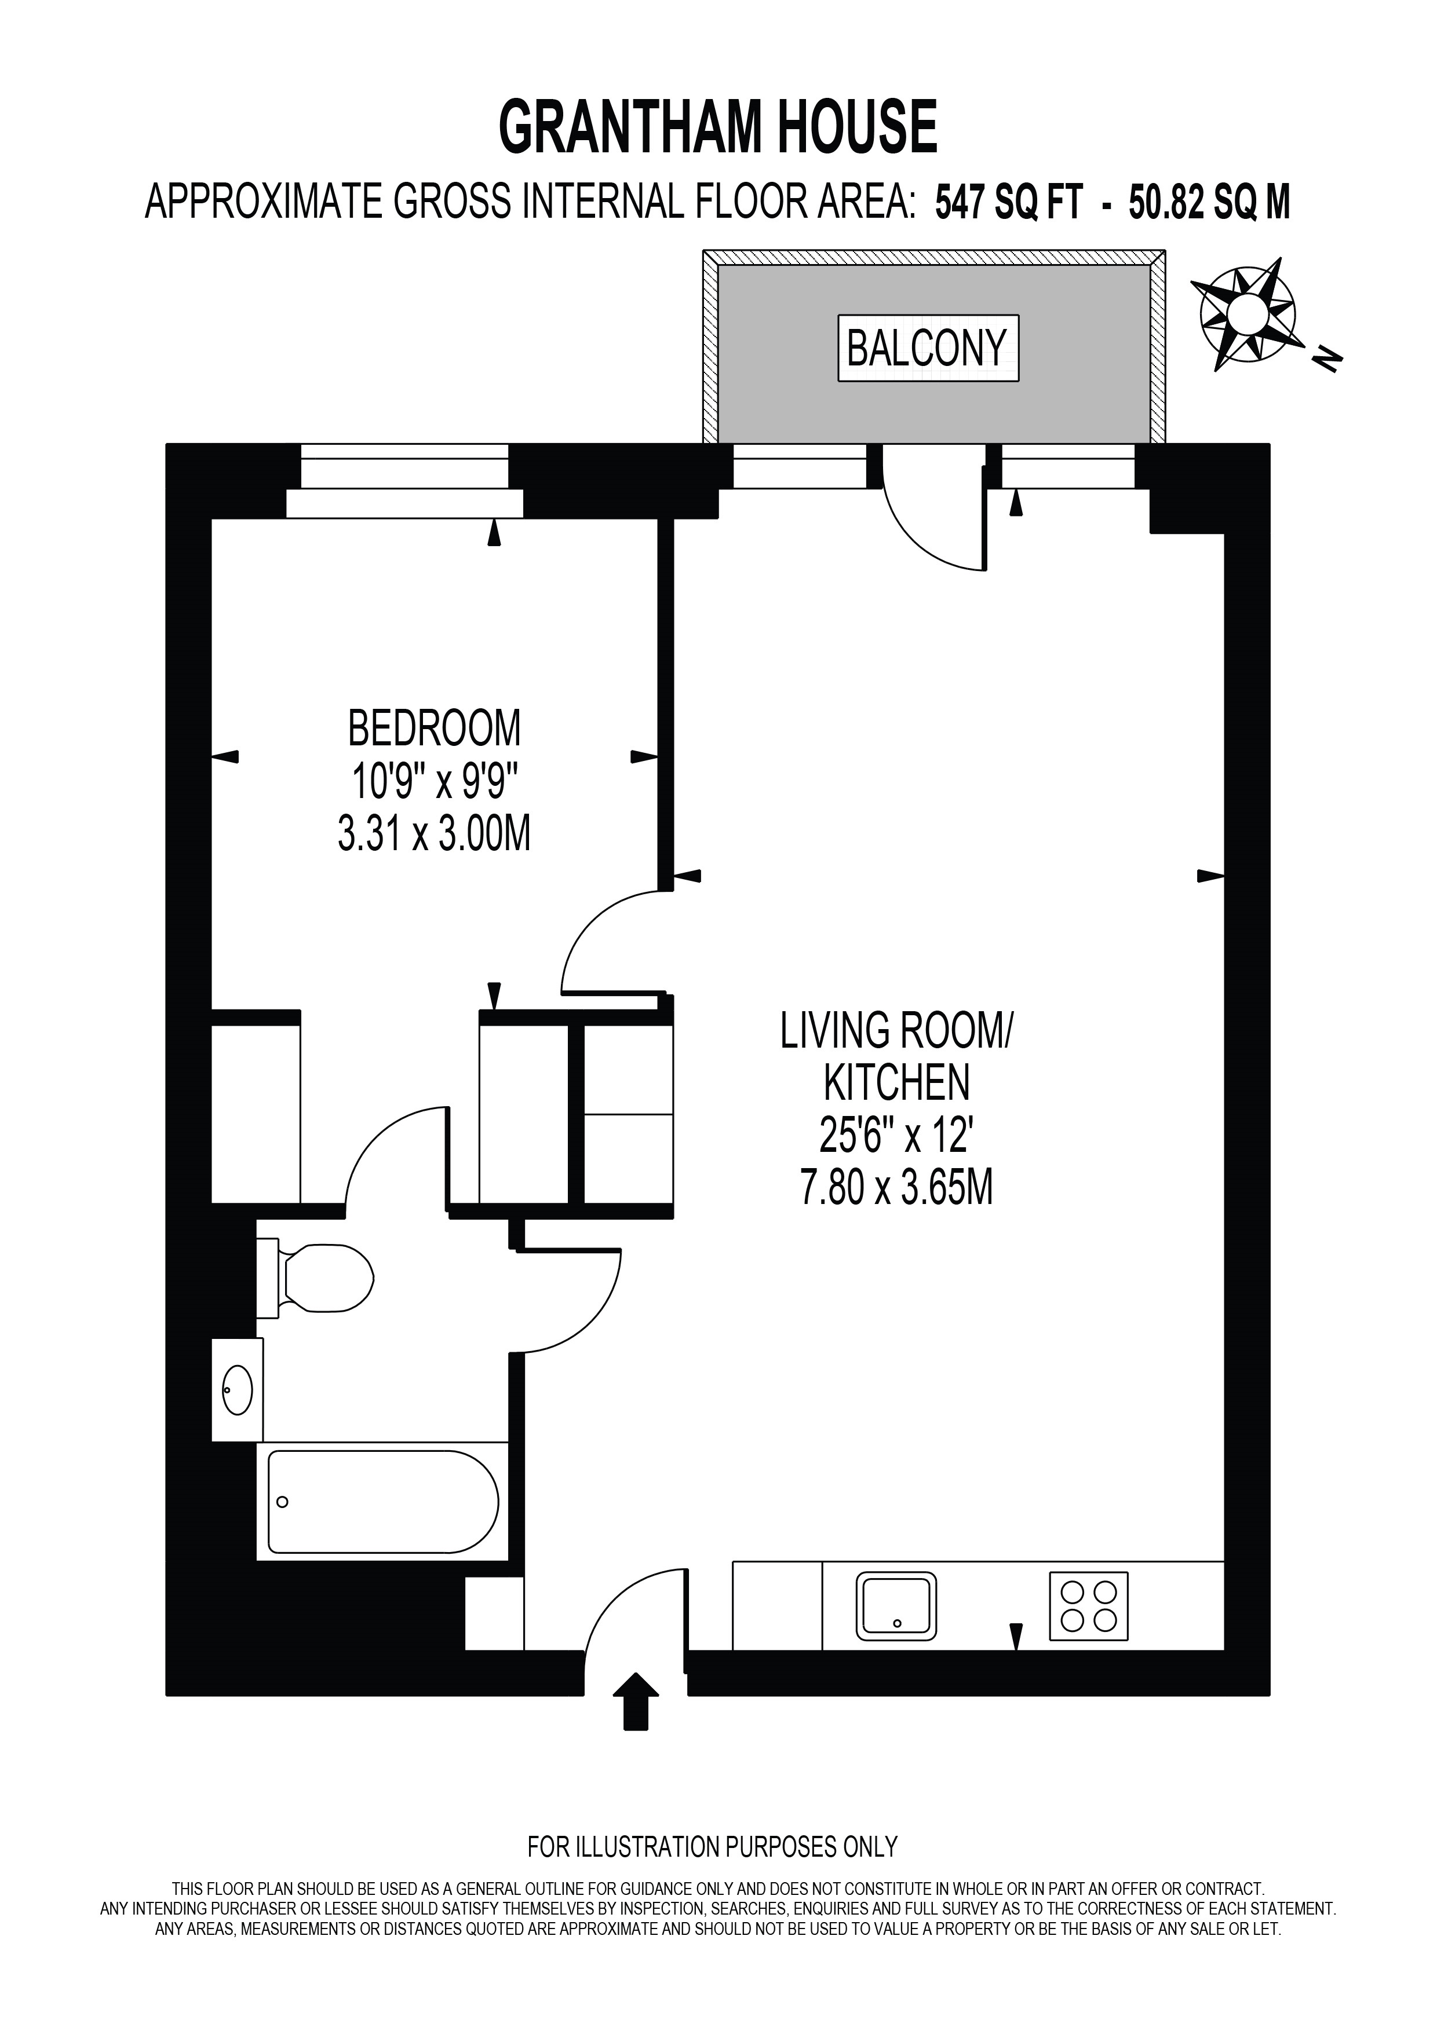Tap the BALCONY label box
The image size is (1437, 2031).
[928, 349]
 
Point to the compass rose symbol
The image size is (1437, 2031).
[1248, 313]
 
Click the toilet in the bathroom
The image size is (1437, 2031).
[315, 1278]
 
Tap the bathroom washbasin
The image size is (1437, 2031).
[237, 1390]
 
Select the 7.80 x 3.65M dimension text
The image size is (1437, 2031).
[896, 1187]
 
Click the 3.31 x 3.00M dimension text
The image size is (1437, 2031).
[435, 833]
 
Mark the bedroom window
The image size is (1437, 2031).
[404, 481]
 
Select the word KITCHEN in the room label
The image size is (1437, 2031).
[896, 1081]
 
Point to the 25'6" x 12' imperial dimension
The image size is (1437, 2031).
[896, 1135]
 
